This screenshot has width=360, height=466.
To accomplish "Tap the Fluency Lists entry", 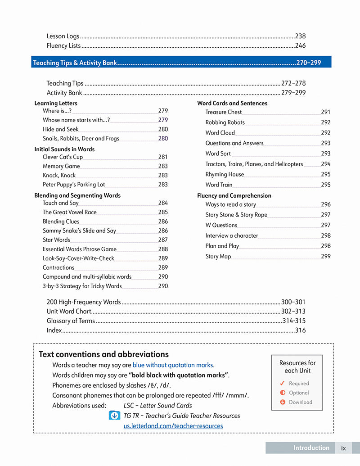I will point(63,45).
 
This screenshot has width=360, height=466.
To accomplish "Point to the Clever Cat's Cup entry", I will point(63,157).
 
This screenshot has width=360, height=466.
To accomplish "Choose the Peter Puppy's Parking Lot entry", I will point(74,184).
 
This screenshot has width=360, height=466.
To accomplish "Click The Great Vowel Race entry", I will point(69,212).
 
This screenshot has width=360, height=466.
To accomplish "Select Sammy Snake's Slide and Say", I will point(79,231).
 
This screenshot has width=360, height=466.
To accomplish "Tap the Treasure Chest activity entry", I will point(224,112).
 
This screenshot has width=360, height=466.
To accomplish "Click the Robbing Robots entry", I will point(225,122).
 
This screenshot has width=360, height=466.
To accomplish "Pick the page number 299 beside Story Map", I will point(325,256).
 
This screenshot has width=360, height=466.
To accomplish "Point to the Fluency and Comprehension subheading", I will point(234,195).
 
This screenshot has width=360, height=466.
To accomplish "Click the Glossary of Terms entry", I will point(71,321).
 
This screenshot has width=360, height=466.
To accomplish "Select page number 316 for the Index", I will point(300,330).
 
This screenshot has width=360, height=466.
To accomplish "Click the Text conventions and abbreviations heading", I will point(103,354).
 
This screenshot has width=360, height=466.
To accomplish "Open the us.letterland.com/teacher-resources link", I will point(173,425).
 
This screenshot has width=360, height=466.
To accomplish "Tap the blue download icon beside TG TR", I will point(114,416).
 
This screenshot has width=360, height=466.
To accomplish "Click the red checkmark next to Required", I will point(282,384).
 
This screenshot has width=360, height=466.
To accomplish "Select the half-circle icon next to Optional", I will point(283,393).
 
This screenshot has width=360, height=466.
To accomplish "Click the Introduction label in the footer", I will point(311,448).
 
